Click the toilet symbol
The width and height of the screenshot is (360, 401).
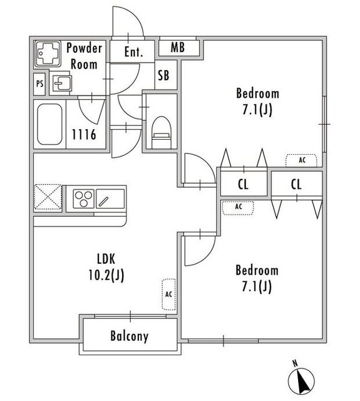[161, 132]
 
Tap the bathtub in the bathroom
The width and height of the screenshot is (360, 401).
[49, 124]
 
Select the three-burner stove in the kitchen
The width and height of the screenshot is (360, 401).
[83, 199]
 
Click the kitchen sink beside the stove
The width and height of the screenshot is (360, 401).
[110, 199]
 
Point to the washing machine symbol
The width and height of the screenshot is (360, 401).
[48, 54]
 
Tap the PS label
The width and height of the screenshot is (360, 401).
[39, 83]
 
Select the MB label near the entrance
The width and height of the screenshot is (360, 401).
[178, 48]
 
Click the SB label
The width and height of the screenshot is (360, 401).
[163, 75]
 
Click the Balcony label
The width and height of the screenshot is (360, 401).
[129, 336]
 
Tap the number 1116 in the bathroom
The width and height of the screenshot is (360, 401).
[84, 135]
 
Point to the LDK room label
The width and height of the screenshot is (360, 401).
[106, 259]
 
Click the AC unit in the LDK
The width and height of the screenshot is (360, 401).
[169, 294]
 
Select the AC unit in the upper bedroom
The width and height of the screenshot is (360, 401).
[301, 160]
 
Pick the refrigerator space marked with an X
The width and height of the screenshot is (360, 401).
[48, 197]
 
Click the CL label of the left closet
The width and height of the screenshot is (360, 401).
[243, 184]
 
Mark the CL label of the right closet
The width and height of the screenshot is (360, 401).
[296, 184]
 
